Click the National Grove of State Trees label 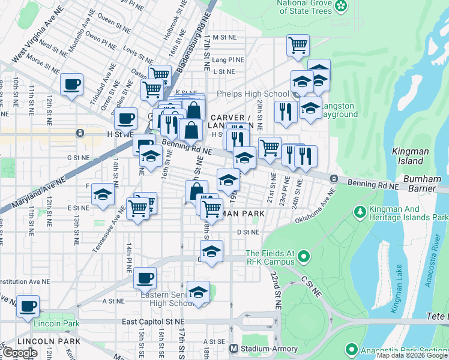(x=304, y=7)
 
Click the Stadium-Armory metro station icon (x=235, y=349)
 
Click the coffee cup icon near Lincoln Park (x=28, y=306)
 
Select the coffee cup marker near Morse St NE (x=71, y=84)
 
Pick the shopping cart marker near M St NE (x=298, y=45)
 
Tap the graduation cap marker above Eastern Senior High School (x=198, y=292)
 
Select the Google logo (x=20, y=353)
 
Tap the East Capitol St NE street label (x=153, y=322)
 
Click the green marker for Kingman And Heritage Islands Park (x=360, y=211)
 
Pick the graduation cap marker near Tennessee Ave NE (x=103, y=195)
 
